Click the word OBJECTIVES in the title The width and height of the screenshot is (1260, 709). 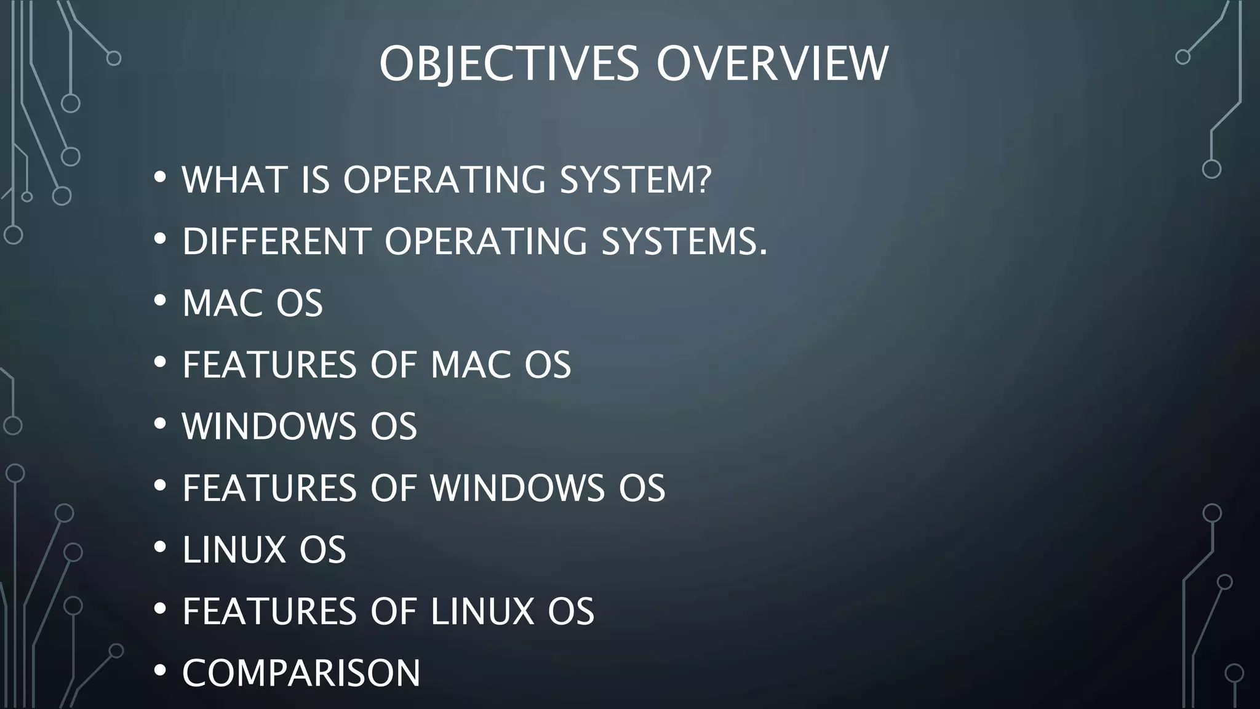tap(509, 63)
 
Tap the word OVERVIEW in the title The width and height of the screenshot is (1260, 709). tap(772, 63)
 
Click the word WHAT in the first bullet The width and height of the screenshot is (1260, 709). tap(234, 180)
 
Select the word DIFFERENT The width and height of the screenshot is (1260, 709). tap(276, 241)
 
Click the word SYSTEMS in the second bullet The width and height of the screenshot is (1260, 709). tap(677, 241)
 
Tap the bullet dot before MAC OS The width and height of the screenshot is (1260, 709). tap(160, 301)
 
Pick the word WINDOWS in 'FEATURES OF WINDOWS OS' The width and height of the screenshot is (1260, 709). tap(517, 488)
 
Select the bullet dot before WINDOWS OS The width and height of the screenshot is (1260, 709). tap(160, 424)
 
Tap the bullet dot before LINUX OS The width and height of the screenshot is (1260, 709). tap(160, 547)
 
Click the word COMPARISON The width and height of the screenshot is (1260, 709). tap(301, 673)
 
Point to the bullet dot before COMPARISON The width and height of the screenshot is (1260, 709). tap(160, 671)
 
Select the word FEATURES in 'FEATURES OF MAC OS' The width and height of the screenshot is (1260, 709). tap(269, 364)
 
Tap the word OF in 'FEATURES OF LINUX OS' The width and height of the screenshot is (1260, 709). tap(393, 611)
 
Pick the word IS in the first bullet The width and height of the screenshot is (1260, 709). tap(316, 180)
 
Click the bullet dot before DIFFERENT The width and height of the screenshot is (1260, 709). tap(160, 239)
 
